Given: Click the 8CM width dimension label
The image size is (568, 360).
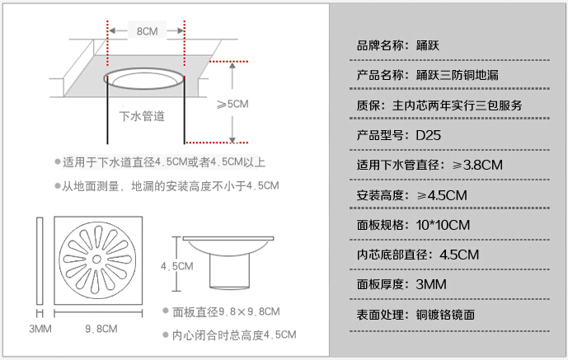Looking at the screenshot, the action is (x=147, y=31).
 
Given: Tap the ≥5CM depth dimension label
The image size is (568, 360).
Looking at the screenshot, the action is (x=232, y=104).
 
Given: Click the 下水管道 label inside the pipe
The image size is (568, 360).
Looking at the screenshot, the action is (x=142, y=116).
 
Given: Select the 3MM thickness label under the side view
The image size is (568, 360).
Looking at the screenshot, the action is (x=40, y=329).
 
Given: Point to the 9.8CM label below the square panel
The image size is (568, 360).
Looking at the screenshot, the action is (x=101, y=329).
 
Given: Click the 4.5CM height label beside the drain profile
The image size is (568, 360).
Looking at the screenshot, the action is (x=176, y=266).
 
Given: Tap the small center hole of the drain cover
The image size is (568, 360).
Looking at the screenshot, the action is (x=96, y=259).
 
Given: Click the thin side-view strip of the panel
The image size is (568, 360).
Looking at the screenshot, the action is (x=40, y=260).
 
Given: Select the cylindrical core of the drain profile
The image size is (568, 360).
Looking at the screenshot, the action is (x=230, y=271).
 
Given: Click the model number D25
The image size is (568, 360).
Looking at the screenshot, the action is (x=429, y=135).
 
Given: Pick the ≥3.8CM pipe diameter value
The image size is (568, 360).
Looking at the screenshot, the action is (x=478, y=165).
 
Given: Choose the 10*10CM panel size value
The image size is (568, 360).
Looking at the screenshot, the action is (x=443, y=225).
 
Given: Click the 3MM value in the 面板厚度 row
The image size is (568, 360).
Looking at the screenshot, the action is (x=431, y=284).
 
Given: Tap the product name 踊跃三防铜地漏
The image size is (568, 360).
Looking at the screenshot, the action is (x=458, y=75).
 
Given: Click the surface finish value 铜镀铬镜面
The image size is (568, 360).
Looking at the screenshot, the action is (x=445, y=315).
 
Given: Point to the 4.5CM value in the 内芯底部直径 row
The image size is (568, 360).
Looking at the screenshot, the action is (x=459, y=255).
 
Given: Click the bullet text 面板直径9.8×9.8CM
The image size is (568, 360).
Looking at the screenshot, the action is (x=226, y=311).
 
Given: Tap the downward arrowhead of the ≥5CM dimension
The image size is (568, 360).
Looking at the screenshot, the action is (x=232, y=140).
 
